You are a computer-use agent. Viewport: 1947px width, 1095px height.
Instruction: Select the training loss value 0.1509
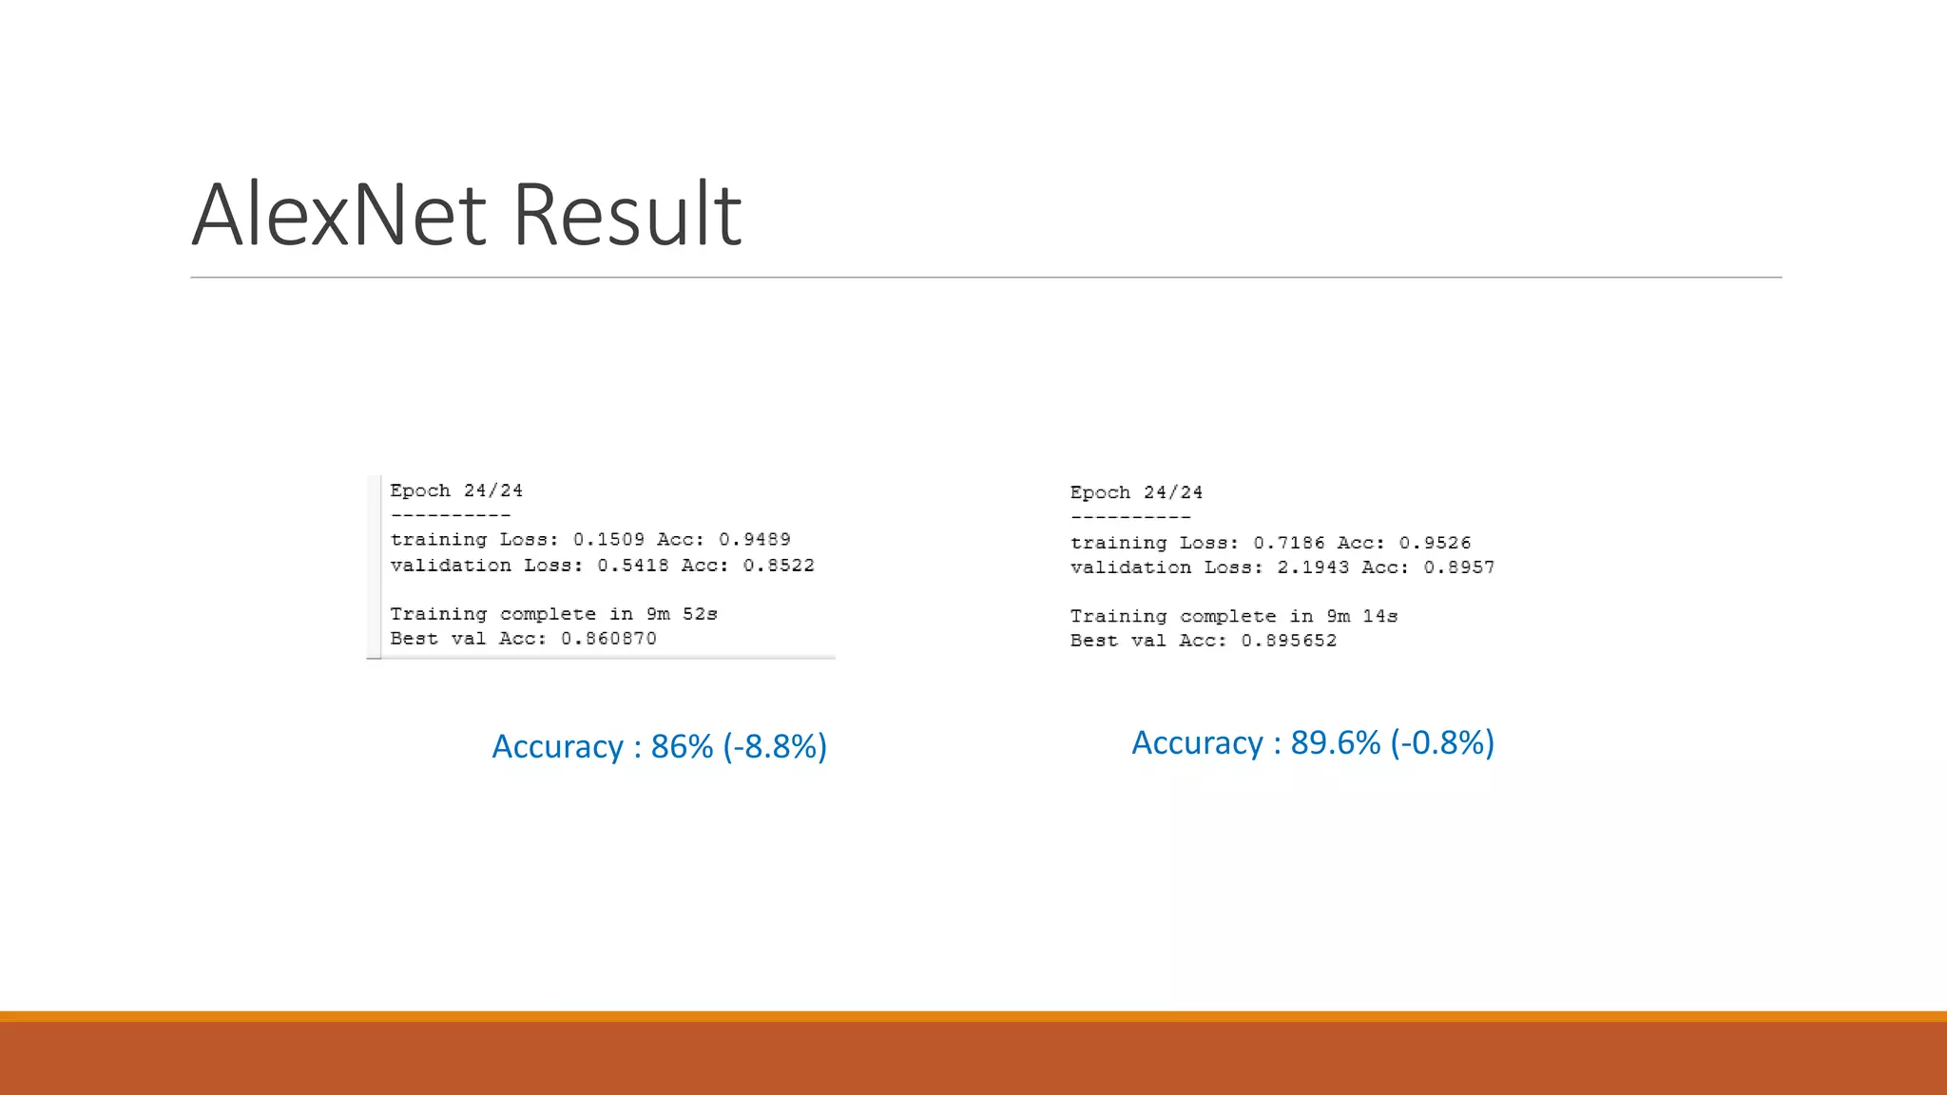[x=608, y=540]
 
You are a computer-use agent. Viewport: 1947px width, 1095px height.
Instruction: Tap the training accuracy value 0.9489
[x=755, y=540]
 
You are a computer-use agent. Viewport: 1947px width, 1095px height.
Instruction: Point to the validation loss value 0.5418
[x=633, y=566]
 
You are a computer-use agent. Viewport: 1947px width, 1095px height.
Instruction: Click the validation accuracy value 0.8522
[x=779, y=566]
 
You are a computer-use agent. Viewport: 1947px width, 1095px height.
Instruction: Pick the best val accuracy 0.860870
[x=608, y=639]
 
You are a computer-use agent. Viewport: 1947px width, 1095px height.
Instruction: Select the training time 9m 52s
[x=682, y=614]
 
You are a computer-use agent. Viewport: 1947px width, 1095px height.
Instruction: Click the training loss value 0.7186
[x=1288, y=543]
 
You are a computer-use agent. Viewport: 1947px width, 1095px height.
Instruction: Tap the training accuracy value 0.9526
[x=1435, y=543]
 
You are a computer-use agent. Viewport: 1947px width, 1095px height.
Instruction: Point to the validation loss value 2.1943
[x=1313, y=567]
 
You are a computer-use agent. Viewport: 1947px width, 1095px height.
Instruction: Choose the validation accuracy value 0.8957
[x=1459, y=567]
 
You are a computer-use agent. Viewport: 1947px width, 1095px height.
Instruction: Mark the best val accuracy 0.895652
[x=1288, y=641]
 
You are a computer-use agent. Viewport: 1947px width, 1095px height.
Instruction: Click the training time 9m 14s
[x=1361, y=616]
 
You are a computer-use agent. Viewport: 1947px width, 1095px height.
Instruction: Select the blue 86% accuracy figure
[x=682, y=747]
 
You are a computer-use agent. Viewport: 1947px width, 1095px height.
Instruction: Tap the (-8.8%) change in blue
[x=775, y=747]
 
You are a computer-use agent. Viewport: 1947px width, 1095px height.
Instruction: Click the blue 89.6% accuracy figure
[x=1335, y=743]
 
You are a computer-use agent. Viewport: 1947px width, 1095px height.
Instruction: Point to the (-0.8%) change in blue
[x=1442, y=743]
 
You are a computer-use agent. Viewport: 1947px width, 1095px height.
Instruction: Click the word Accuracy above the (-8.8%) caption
[x=557, y=747]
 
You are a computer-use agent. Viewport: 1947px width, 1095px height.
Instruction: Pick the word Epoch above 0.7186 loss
[x=1100, y=492]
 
